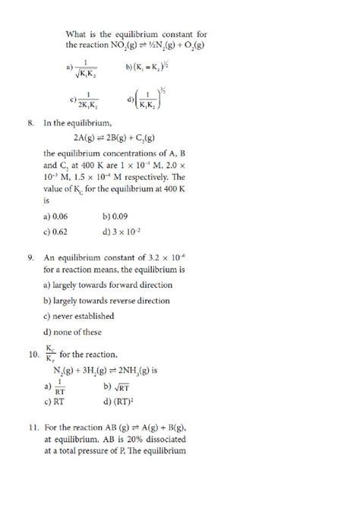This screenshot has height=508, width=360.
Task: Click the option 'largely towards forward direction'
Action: tap(108, 285)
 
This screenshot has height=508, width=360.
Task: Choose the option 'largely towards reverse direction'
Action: tap(107, 301)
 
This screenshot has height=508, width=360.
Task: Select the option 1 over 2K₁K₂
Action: tap(85, 98)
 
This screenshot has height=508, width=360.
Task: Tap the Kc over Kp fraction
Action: tap(49, 355)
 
